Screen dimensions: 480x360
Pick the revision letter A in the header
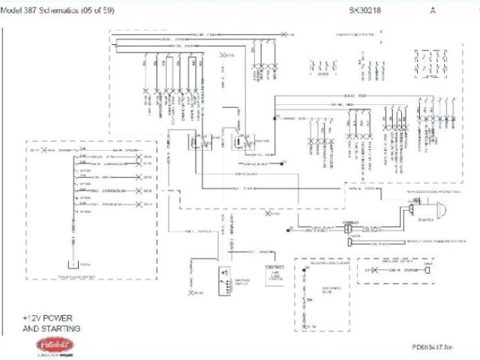433,10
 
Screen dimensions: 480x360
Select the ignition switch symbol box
222,277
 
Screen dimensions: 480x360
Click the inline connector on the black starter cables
346,227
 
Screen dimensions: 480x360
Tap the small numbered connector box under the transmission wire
72,264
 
